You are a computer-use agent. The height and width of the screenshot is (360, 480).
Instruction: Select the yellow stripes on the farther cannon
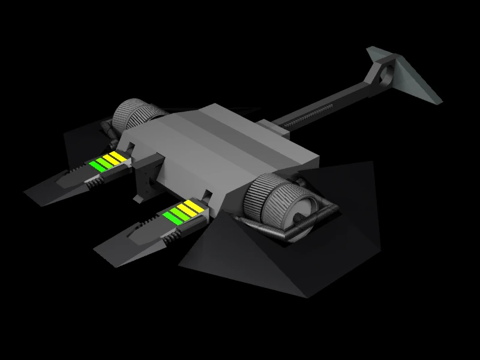click(x=112, y=158)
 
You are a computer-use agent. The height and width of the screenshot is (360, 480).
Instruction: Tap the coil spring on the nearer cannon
click(x=170, y=238)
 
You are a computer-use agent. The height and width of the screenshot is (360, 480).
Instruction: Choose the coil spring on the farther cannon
click(x=94, y=183)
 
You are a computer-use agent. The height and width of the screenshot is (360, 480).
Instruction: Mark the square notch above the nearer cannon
click(x=208, y=196)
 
